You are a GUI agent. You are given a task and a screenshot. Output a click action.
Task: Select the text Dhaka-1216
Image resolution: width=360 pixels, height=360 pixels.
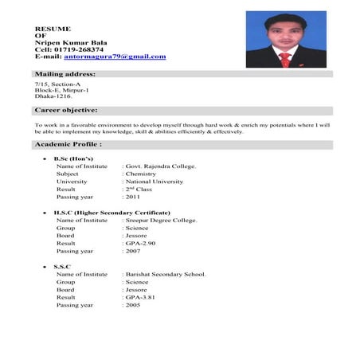point(53,96)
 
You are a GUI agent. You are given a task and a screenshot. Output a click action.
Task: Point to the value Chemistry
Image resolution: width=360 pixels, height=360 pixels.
point(142,174)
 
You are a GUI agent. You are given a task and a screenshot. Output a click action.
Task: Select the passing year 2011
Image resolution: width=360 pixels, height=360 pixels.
point(133,197)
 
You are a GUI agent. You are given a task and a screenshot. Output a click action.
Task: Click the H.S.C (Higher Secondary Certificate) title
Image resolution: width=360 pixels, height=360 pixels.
point(112,213)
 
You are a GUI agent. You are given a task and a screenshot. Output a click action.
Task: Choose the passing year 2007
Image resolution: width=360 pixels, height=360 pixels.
point(133,251)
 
